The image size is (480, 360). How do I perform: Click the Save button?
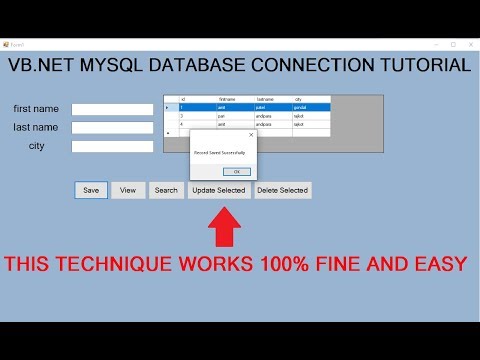tap(91, 190)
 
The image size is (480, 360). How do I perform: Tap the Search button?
tap(166, 190)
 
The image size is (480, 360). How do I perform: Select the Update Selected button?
tap(219, 190)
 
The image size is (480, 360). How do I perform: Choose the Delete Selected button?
tap(283, 190)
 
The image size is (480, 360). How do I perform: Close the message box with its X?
tap(251, 133)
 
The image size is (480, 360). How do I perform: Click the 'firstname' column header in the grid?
tap(227, 99)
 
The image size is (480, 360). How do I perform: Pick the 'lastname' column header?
tap(265, 99)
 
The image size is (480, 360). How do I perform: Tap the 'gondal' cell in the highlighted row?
tap(304, 107)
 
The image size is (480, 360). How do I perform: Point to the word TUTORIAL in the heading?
tap(416, 66)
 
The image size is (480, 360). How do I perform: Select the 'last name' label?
tap(36, 127)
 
